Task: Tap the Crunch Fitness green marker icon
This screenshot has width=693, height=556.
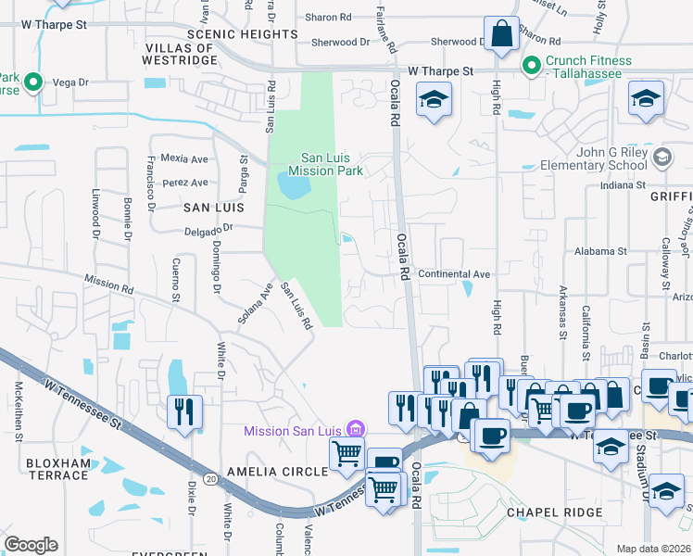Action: coord(531,66)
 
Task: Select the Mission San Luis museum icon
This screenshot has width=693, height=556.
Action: coord(353,429)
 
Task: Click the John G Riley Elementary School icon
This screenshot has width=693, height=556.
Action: coord(661,158)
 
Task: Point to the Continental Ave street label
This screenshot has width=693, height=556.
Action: coord(454,274)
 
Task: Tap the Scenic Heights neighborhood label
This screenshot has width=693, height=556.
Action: coord(228,33)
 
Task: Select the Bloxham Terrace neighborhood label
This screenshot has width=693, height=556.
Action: coord(44,468)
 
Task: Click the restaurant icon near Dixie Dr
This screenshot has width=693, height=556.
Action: coord(183,409)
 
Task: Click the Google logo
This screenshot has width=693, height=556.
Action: coord(31,545)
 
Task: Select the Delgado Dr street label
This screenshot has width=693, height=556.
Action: coord(210,227)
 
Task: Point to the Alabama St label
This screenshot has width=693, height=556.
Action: coord(600,251)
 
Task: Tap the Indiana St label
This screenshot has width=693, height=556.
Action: coord(622,185)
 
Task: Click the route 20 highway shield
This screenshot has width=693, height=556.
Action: coord(211,478)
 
